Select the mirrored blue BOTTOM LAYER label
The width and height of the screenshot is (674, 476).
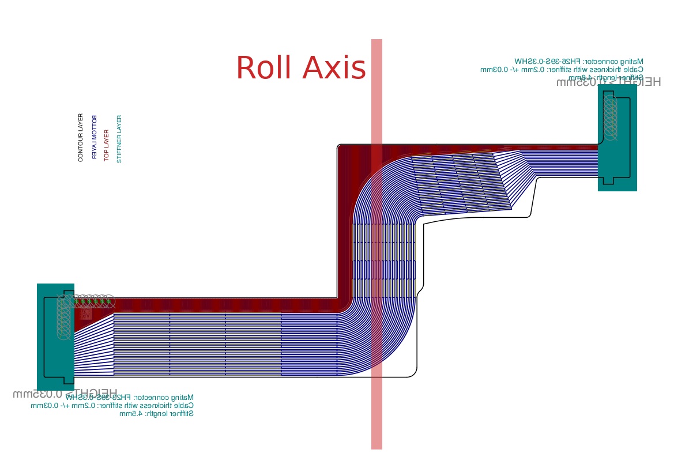pyautogui.click(x=95, y=138)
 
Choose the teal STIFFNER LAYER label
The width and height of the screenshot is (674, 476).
pyautogui.click(x=119, y=139)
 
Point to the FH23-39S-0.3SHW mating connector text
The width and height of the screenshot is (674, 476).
pyautogui.click(x=129, y=398)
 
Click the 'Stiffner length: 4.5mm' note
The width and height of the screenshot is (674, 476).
pyautogui.click(x=156, y=414)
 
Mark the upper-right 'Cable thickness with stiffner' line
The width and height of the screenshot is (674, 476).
pyautogui.click(x=562, y=69)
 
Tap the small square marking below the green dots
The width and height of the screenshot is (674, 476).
pyautogui.click(x=86, y=314)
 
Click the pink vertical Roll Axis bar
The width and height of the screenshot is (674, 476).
pyautogui.click(x=376, y=403)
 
